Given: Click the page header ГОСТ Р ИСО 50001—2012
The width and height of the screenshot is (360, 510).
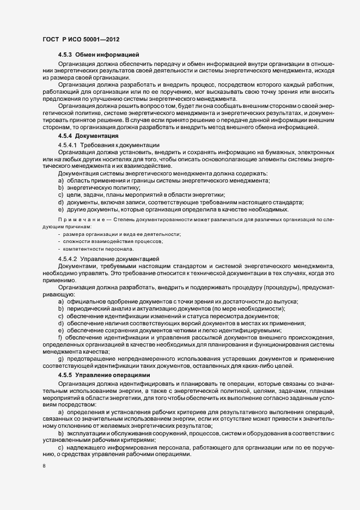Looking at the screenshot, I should pos(81,39).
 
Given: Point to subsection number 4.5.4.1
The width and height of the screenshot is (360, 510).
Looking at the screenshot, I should pos(68,144).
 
